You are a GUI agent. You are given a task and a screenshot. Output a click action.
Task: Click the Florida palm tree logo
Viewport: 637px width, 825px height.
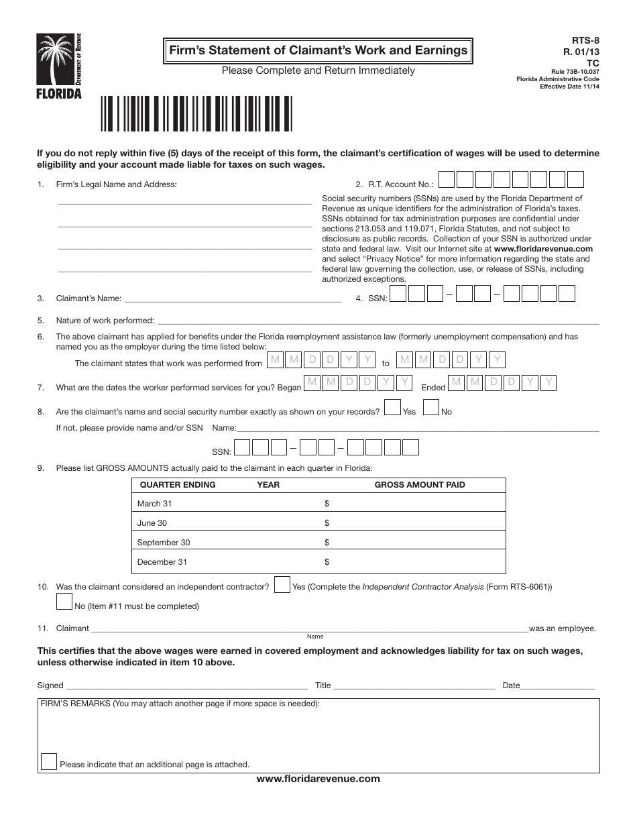59,65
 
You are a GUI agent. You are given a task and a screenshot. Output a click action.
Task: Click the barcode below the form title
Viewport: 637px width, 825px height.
196,113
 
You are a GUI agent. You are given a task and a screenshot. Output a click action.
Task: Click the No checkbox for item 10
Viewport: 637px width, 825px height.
64,602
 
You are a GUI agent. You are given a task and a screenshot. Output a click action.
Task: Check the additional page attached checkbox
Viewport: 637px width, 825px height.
49,761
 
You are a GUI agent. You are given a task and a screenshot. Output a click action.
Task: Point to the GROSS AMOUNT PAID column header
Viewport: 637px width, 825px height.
419,485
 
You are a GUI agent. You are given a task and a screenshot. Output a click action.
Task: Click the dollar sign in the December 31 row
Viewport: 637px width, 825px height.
327,562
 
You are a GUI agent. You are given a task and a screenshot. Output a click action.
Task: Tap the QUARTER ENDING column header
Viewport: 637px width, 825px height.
177,485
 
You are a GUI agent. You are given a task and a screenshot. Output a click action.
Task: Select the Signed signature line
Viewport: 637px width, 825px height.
187,687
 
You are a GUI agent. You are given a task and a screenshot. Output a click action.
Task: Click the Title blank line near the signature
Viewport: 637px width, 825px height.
414,687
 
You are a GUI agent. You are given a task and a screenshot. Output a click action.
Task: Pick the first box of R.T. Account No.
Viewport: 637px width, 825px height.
447,180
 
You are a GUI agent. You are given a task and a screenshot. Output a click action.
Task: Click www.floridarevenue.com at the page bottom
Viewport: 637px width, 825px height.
318,779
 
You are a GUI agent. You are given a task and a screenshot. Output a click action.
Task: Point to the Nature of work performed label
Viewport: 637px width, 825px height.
105,321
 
